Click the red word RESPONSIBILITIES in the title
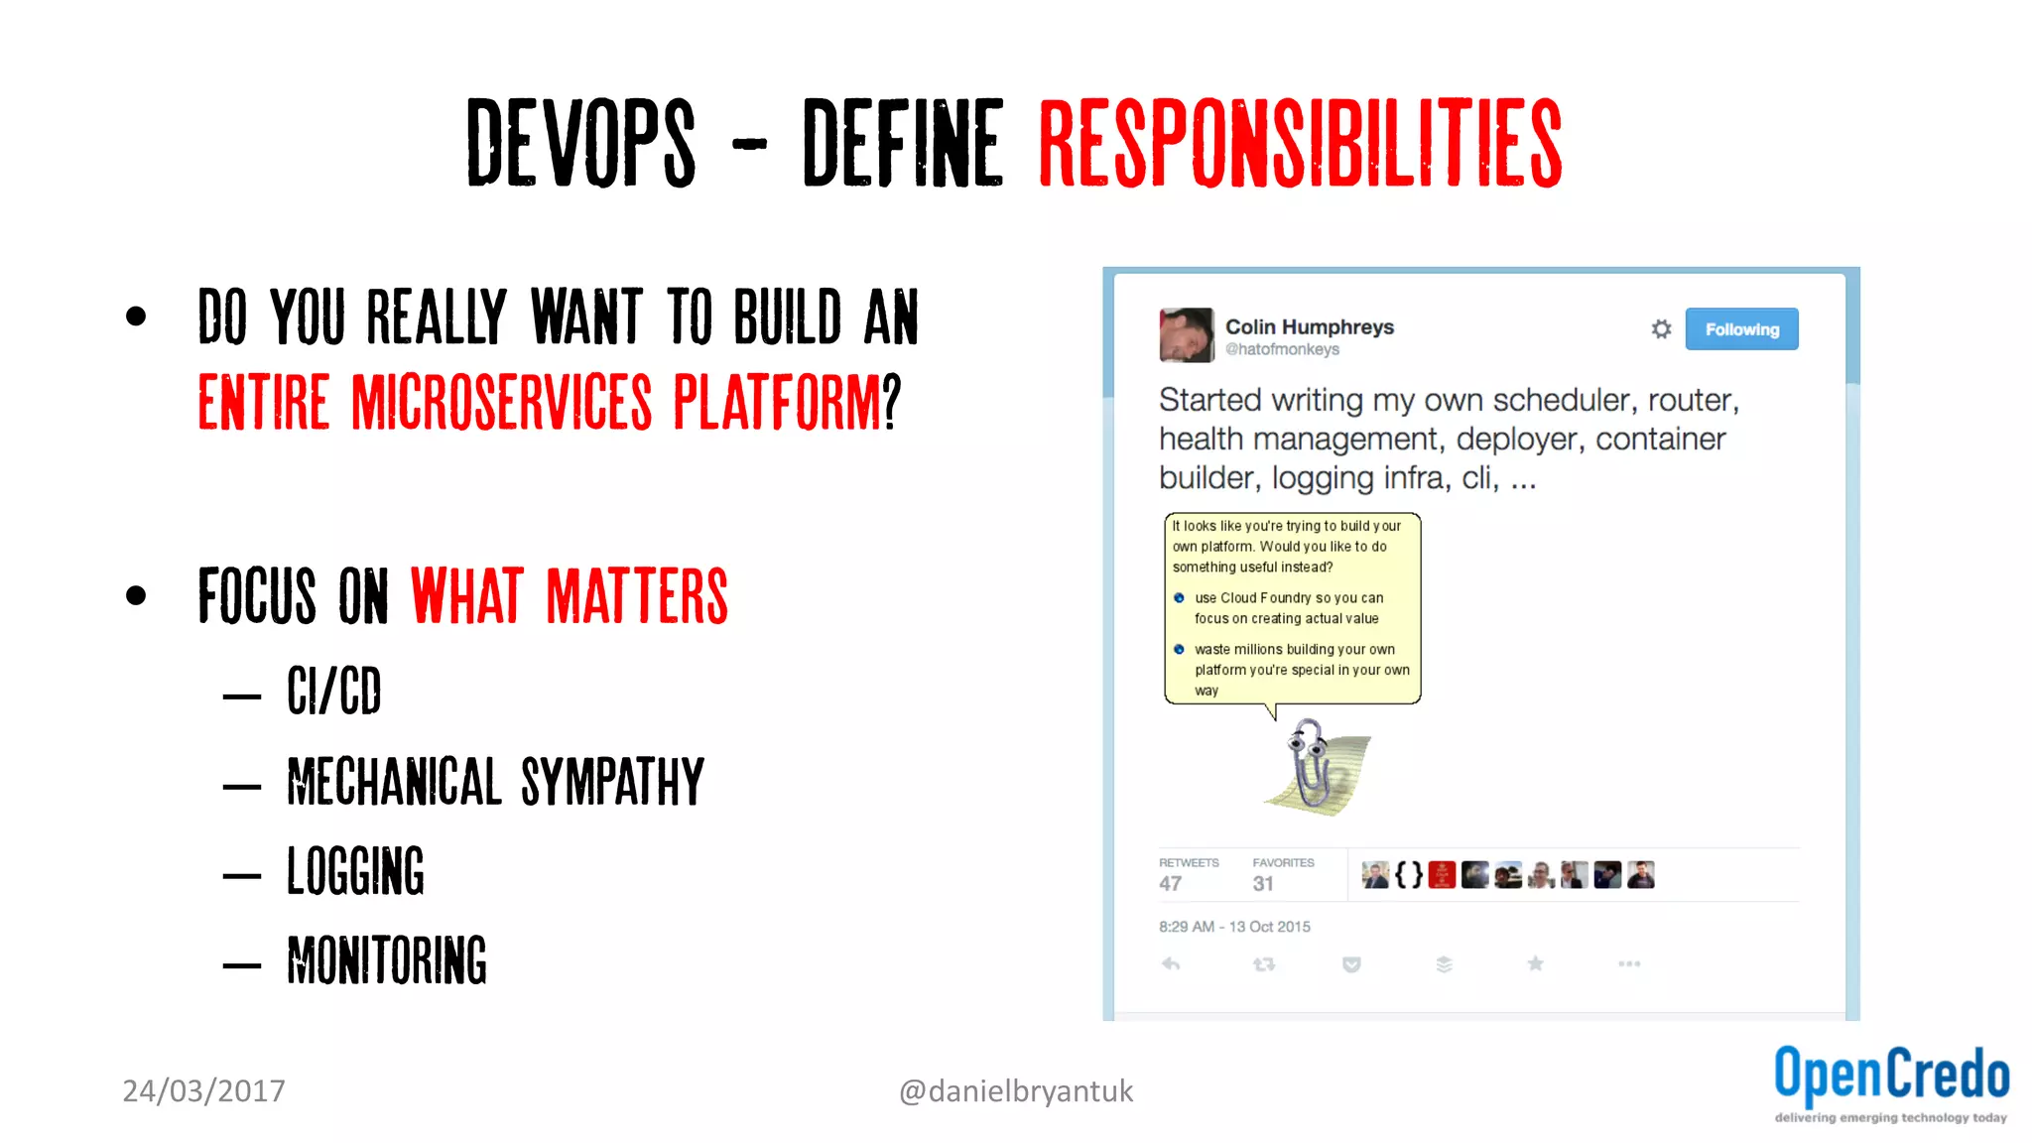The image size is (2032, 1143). [x=1300, y=144]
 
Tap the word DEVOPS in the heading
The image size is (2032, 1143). [x=581, y=144]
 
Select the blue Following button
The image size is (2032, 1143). [x=1741, y=329]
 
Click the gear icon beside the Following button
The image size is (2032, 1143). [x=1661, y=329]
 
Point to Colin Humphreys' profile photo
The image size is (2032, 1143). [x=1186, y=334]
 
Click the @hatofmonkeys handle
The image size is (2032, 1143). [x=1282, y=349]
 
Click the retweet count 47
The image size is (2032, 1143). [x=1170, y=883]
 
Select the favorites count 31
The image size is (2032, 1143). [x=1262, y=883]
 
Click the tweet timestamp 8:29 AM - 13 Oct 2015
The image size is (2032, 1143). [x=1234, y=927]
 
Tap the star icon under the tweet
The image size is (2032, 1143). [x=1535, y=963]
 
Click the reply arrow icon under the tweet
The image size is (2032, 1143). [x=1171, y=963]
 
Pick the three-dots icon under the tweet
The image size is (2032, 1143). [x=1628, y=963]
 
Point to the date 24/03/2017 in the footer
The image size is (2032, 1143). [x=203, y=1091]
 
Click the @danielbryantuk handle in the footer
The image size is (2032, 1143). [x=1015, y=1091]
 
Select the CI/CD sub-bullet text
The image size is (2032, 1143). [x=334, y=691]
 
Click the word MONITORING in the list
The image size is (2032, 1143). [x=387, y=960]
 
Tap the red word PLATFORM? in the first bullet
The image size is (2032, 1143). [x=787, y=402]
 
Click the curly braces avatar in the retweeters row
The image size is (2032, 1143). [x=1408, y=875]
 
